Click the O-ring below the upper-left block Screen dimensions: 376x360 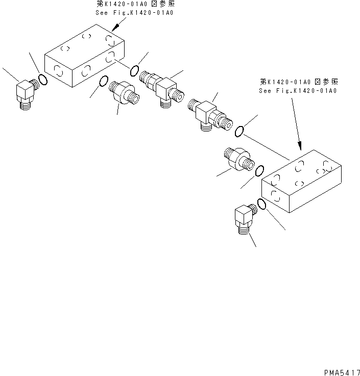[103, 81]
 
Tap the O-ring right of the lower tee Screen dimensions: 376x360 [239, 132]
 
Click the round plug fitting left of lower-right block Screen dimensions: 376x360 [236, 158]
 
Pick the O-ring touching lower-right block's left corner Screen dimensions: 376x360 [259, 171]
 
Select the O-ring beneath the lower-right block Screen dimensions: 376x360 [261, 204]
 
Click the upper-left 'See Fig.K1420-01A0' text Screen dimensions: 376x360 [134, 12]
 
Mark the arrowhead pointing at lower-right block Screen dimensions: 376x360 [300, 146]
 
